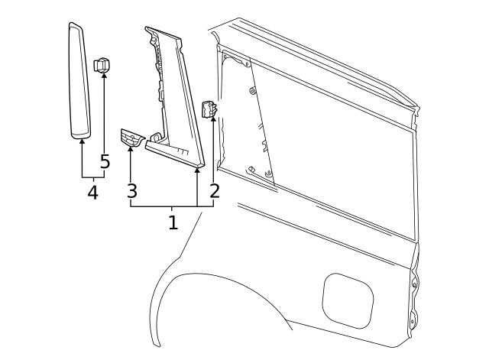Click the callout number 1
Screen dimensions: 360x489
[x=173, y=222]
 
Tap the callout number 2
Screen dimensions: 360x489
[x=215, y=190]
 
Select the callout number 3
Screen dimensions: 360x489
[x=132, y=190]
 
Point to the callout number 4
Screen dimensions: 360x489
[x=92, y=193]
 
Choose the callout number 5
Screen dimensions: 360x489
[x=105, y=163]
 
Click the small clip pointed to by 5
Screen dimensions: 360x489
[x=102, y=64]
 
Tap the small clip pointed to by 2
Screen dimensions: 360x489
[x=209, y=109]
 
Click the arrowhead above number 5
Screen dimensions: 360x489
[x=105, y=76]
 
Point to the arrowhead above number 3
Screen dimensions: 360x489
[x=131, y=151]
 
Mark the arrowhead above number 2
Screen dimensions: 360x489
[x=213, y=120]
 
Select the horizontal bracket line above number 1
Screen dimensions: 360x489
[x=164, y=208]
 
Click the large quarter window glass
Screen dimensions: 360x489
[x=336, y=153]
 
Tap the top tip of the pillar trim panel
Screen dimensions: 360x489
[x=147, y=30]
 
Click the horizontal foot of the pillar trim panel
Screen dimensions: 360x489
[x=176, y=152]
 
